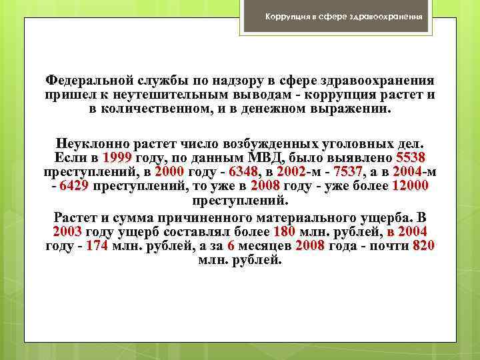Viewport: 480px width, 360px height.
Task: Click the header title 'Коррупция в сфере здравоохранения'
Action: [343, 15]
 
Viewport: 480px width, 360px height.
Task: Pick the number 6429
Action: [73, 186]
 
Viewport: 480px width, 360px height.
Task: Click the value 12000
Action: [411, 186]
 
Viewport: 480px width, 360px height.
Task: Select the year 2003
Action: [67, 231]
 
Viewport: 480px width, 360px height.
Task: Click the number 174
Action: [98, 245]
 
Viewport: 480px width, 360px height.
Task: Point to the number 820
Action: [424, 245]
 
